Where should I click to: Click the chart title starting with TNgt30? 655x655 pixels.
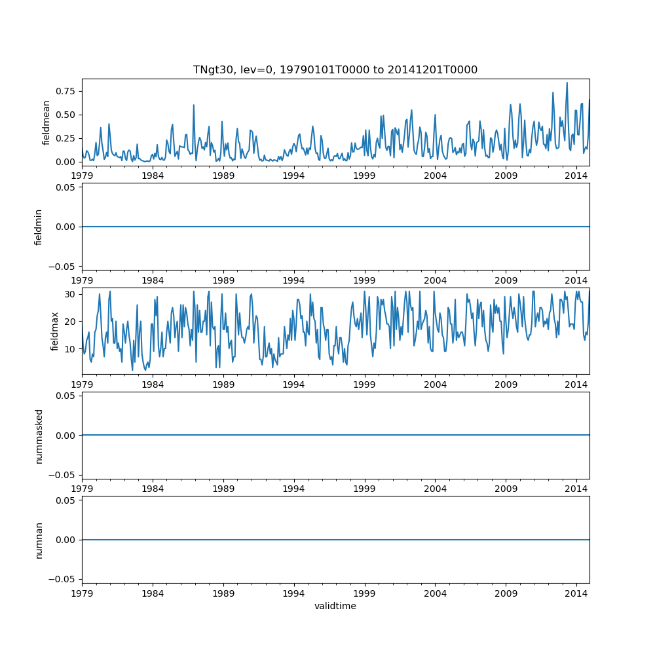(335, 69)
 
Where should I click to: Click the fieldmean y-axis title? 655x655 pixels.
(46, 122)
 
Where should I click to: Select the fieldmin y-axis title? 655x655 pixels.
(39, 227)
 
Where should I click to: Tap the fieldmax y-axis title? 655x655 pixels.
(54, 331)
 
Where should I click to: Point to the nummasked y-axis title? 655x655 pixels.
(39, 435)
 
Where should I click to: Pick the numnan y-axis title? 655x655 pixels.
(39, 539)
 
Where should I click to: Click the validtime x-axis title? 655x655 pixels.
(335, 606)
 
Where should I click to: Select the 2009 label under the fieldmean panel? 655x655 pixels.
(506, 176)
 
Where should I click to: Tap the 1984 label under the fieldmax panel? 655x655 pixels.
(153, 384)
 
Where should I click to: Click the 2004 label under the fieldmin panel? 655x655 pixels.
(435, 280)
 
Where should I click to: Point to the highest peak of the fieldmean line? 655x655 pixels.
(567, 83)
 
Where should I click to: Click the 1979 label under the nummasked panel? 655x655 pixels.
(82, 489)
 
